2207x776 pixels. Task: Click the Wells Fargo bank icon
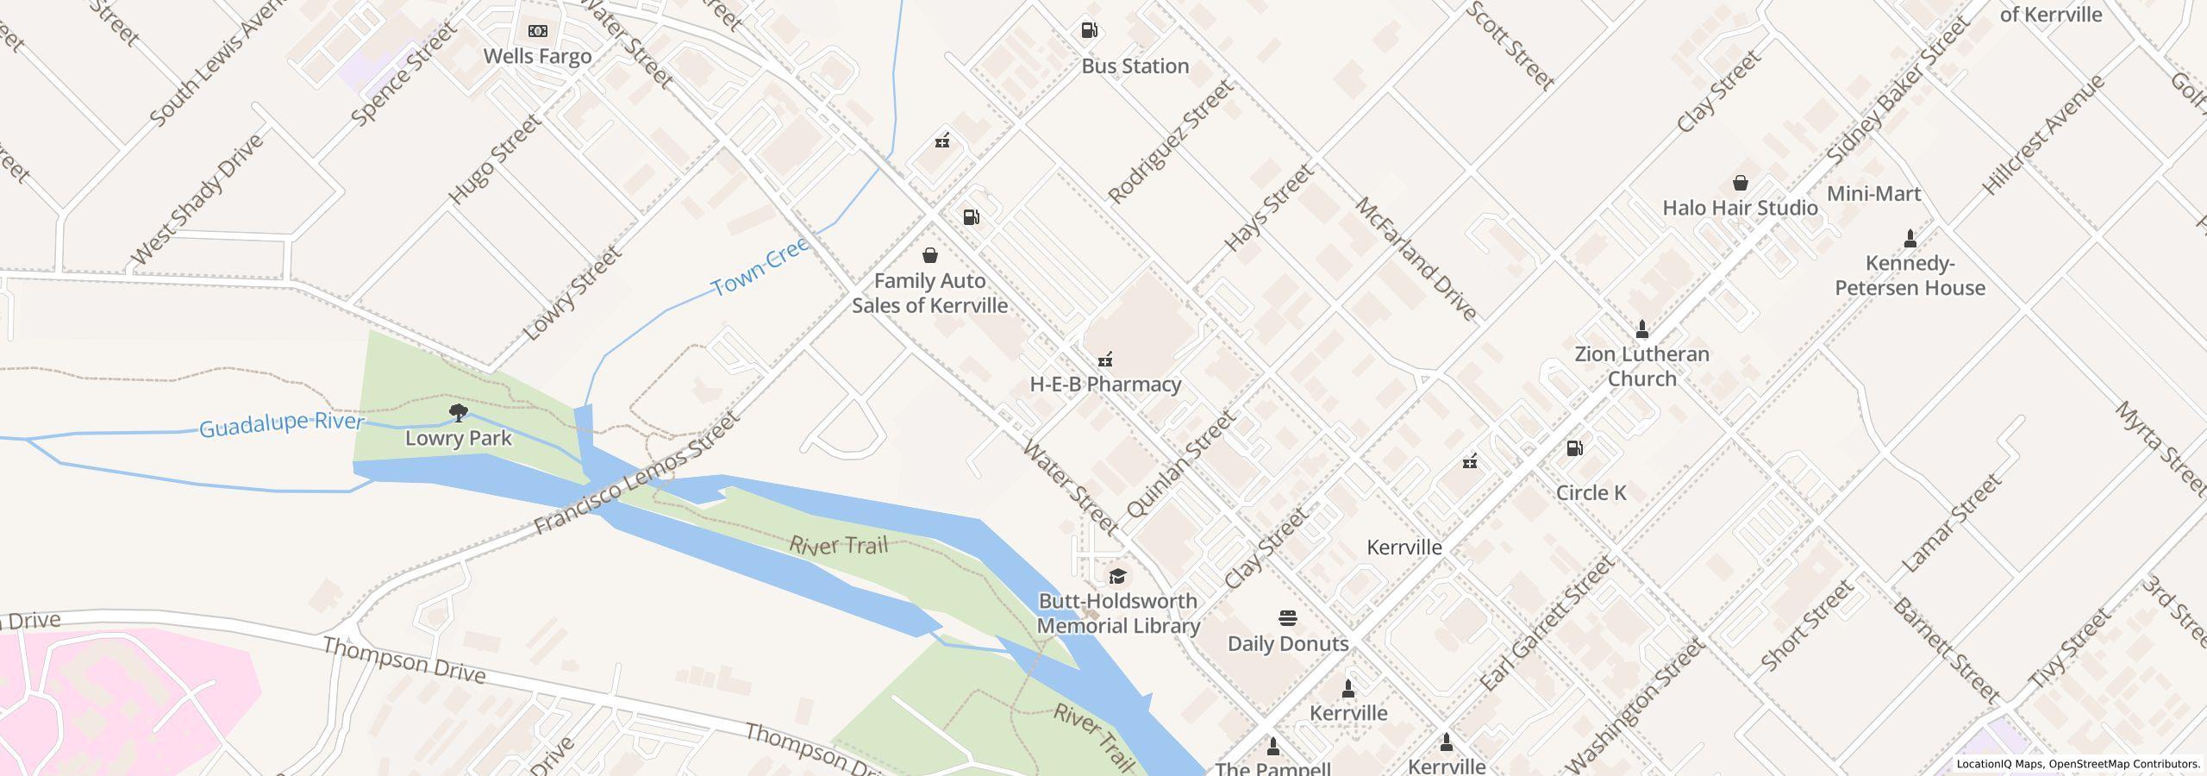pos(537,31)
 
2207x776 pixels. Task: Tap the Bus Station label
pos(1135,66)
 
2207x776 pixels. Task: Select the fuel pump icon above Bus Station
pos(1089,31)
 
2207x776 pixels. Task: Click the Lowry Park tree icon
pos(459,413)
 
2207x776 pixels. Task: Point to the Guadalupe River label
pos(281,424)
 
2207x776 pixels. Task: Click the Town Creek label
pos(760,267)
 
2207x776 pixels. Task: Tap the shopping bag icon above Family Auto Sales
pos(929,255)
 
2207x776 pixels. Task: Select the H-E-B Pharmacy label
pos(1104,385)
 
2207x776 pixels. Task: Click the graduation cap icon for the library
pos(1117,576)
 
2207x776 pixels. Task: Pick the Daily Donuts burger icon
pos(1287,618)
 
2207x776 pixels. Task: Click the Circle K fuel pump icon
pos(1574,448)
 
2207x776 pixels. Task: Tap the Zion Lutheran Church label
pos(1641,366)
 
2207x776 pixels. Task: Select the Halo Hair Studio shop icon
pos(1740,183)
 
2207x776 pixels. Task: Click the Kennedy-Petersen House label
pos(1910,276)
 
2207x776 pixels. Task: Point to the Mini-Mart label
pos(1873,194)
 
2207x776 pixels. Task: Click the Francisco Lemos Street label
pos(636,472)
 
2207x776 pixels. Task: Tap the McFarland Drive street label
pos(1416,259)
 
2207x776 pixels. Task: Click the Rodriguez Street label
pos(1170,142)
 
